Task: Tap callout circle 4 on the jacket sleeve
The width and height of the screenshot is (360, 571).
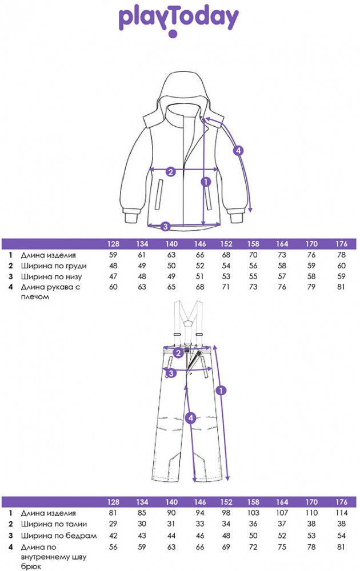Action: [x=238, y=150]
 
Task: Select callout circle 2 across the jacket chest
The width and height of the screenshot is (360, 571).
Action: [x=170, y=171]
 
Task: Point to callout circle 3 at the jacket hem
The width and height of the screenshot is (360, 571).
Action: [x=165, y=227]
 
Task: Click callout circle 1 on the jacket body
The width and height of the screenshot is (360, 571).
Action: [x=206, y=182]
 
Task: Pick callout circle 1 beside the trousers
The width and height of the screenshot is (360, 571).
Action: [x=221, y=391]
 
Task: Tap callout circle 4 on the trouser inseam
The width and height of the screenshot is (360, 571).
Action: [x=190, y=418]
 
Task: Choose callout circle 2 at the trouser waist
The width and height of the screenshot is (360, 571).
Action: [x=178, y=352]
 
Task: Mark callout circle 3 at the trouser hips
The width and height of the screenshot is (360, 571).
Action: [x=171, y=373]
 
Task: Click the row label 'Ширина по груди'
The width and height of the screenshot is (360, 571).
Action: [x=53, y=266]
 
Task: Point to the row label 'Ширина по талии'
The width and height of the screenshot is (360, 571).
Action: [x=54, y=524]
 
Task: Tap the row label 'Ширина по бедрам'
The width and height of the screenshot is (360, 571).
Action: [x=58, y=536]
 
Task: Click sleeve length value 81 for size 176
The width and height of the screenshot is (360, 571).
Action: [x=341, y=287]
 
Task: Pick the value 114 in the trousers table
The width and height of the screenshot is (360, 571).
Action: [x=341, y=513]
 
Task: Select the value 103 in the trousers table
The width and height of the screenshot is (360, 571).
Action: [x=253, y=513]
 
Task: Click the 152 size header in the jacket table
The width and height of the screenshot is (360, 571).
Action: [x=226, y=244]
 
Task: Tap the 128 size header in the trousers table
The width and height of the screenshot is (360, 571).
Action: [x=113, y=502]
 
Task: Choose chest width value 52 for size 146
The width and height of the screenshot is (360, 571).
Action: [x=200, y=266]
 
